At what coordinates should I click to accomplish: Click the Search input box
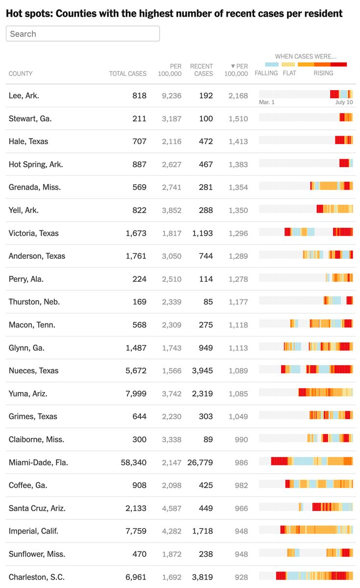click(x=83, y=34)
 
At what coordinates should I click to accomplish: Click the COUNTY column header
click(x=21, y=73)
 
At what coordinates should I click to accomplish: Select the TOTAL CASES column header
click(x=127, y=73)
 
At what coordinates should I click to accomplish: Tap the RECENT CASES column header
click(x=201, y=70)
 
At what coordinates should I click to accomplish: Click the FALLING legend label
click(x=266, y=73)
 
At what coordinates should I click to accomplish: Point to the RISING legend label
click(x=323, y=73)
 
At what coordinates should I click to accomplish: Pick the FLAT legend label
click(x=289, y=73)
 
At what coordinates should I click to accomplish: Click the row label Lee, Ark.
click(x=24, y=96)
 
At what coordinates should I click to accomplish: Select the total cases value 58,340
click(x=134, y=462)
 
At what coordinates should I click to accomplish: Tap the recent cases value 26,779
click(x=200, y=462)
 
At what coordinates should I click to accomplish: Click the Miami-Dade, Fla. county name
click(x=38, y=462)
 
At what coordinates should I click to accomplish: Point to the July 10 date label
click(x=344, y=102)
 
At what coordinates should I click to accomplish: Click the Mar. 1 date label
click(x=267, y=102)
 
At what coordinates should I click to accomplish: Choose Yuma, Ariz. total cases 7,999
click(x=136, y=393)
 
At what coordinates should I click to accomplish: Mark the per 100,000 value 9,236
click(x=171, y=96)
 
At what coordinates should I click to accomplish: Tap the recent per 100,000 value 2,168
click(x=238, y=96)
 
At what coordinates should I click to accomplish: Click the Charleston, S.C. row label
click(x=37, y=577)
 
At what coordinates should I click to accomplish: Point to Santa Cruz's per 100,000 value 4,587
click(x=171, y=508)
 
